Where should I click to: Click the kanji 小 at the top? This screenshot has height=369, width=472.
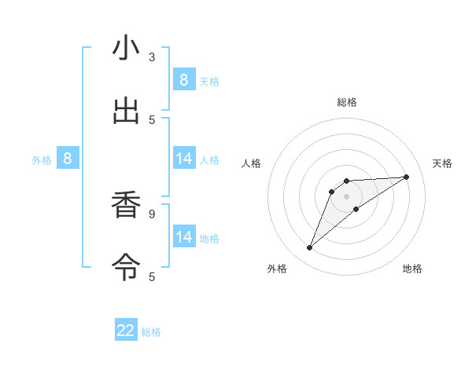point(126,49)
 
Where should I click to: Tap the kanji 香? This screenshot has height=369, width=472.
point(126,206)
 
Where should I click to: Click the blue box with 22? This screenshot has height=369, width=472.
point(126,331)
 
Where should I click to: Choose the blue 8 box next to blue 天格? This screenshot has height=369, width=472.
point(183,79)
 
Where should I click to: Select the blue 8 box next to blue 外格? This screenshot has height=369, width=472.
point(68,159)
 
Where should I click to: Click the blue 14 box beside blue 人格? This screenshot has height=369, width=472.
point(183,159)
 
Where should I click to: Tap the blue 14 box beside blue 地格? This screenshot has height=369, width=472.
point(183,236)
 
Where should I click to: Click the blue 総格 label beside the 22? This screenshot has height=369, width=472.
point(151,332)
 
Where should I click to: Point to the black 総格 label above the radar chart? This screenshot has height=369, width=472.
point(346,102)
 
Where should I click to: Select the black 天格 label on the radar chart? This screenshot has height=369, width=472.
point(442,163)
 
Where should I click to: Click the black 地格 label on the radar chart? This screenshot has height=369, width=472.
point(412,269)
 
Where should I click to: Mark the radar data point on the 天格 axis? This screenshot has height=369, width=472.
point(406,177)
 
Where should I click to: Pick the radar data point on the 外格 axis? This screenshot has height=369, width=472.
point(310,248)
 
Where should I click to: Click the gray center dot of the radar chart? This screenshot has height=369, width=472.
point(346,195)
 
